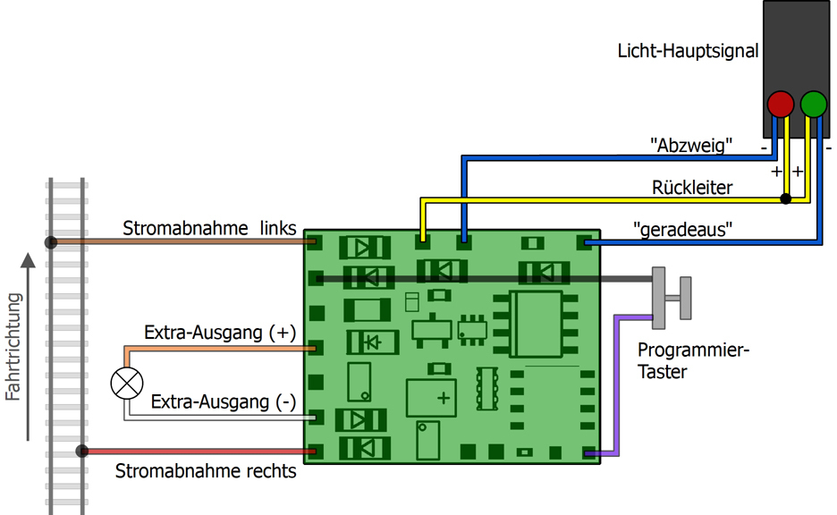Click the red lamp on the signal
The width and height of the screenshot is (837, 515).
781,104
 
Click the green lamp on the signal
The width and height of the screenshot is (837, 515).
813,104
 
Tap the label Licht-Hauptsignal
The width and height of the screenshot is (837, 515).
688,51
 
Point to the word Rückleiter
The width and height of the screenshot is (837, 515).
691,188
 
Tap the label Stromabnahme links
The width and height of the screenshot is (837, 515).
209,228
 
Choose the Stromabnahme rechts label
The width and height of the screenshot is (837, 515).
206,470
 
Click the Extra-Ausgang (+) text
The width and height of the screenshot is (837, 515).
219,333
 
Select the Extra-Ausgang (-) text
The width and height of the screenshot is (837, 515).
223,401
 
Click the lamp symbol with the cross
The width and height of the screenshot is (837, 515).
126,383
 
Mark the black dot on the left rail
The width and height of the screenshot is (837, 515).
52,241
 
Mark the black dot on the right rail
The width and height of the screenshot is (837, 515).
82,452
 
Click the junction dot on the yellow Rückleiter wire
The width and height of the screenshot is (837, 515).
786,198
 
